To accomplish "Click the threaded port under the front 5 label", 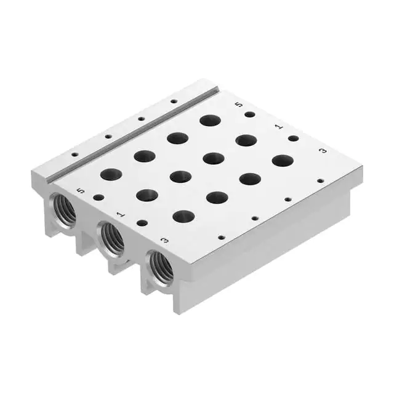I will (63, 210).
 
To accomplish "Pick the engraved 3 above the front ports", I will (164, 242).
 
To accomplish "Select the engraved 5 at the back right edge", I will (239, 105).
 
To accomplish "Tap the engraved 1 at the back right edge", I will (278, 127).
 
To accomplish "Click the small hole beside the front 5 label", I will (98, 198).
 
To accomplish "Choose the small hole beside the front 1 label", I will (142, 223).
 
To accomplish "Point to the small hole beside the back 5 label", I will (249, 115).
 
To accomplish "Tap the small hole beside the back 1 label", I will (293, 139).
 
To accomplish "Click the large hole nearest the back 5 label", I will (211, 120).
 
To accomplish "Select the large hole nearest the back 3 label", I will (283, 161).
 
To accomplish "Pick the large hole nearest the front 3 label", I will (183, 216).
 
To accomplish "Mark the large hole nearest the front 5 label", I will (111, 174).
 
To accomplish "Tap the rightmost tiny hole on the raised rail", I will (174, 101).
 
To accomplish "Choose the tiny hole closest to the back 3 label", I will (320, 181).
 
